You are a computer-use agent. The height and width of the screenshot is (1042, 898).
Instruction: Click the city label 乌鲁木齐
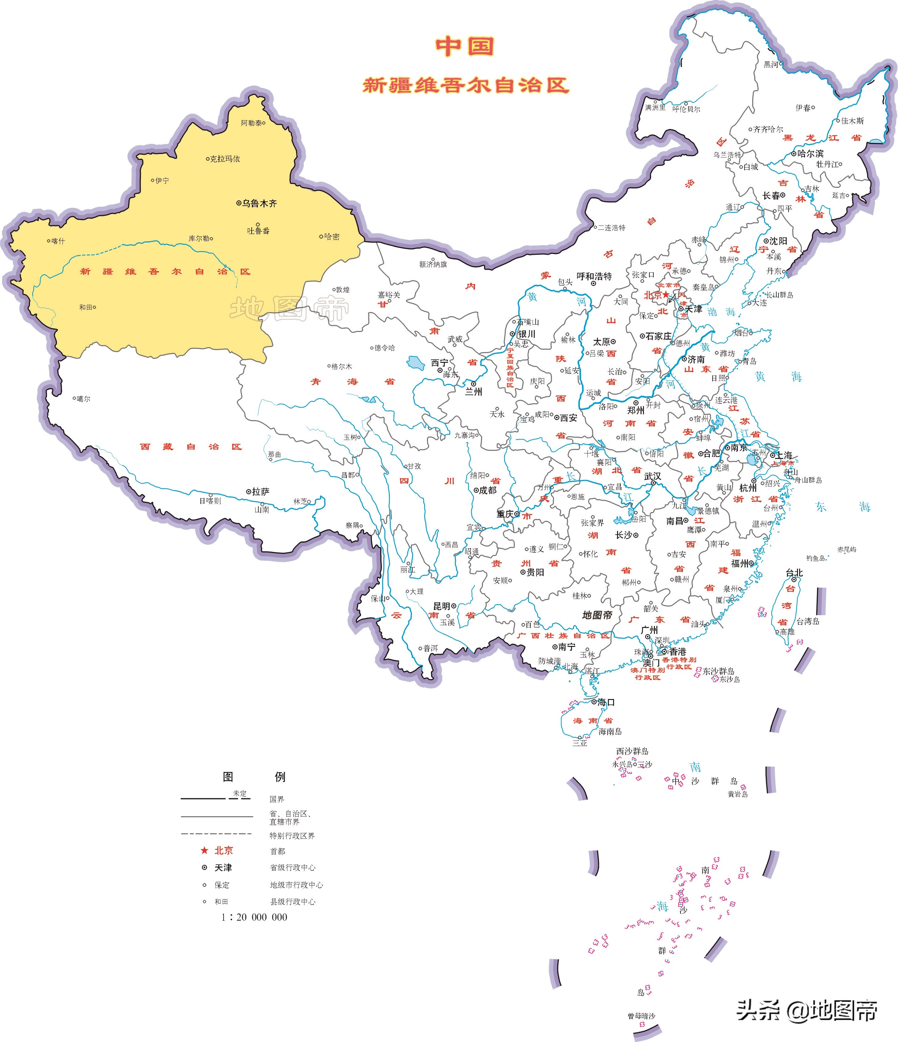point(259,203)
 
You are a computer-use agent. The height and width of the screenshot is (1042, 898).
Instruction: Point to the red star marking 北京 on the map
point(666,295)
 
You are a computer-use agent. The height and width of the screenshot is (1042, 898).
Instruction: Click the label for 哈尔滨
point(810,153)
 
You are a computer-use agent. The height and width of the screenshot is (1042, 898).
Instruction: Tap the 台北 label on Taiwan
point(794,573)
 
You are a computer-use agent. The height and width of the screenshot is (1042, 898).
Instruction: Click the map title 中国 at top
point(465,46)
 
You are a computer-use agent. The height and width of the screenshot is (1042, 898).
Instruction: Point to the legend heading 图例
point(254,777)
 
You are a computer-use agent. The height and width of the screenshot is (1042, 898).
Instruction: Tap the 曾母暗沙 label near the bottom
point(641,1016)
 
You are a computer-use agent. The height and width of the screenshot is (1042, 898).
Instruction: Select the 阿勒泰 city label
point(251,123)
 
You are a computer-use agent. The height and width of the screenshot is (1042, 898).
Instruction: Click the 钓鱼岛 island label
point(816,558)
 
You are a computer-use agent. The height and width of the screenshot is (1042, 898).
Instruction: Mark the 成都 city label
point(487,490)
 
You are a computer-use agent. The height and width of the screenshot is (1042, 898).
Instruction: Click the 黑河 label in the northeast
point(770,64)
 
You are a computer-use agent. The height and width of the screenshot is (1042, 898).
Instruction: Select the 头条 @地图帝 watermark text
point(807,1010)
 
